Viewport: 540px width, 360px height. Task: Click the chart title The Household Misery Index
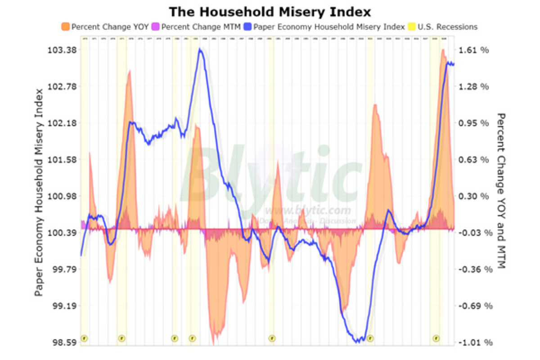pyautogui.click(x=270, y=11)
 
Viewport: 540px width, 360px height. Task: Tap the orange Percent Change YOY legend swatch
pyautogui.click(x=65, y=27)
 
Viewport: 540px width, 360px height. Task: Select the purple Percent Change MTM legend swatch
pyautogui.click(x=155, y=27)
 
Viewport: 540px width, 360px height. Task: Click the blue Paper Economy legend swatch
pyautogui.click(x=247, y=27)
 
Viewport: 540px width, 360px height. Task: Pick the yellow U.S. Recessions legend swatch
pyautogui.click(x=411, y=27)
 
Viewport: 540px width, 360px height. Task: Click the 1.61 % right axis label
pyautogui.click(x=474, y=50)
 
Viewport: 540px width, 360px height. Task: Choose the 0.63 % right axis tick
pyautogui.click(x=474, y=160)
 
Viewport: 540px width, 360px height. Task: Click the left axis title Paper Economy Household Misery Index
pyautogui.click(x=40, y=193)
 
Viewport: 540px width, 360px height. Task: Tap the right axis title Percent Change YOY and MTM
pyautogui.click(x=500, y=191)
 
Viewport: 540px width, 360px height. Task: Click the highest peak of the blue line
pyautogui.click(x=200, y=49)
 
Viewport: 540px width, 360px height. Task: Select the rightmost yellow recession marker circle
pyautogui.click(x=436, y=338)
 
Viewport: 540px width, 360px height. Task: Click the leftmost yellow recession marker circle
pyautogui.click(x=84, y=338)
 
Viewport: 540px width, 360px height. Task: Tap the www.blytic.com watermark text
pyautogui.click(x=307, y=210)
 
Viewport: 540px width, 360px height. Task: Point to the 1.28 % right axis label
pyautogui.click(x=474, y=86)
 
